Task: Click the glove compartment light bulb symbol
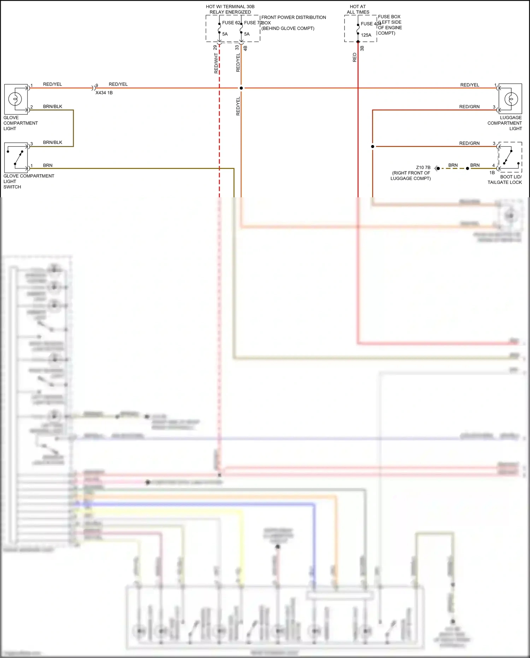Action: coord(15,99)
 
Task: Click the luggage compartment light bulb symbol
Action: coord(511,99)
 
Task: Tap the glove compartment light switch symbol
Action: coord(16,158)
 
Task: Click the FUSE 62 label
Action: coord(231,23)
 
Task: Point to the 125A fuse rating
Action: coord(366,35)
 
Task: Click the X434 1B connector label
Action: coord(104,93)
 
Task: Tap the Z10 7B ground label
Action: coord(423,168)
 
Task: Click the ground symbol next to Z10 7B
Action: coord(437,168)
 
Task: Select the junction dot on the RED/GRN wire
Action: coord(372,146)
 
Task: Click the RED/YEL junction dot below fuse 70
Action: coord(241,88)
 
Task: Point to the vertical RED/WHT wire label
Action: coord(216,63)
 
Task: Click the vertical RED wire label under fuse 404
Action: coord(354,57)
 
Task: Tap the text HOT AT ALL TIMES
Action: coord(358,9)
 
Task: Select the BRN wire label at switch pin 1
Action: coord(48,165)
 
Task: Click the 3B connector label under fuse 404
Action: coord(362,48)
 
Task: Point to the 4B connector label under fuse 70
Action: coord(245,48)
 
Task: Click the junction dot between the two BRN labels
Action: coord(467,168)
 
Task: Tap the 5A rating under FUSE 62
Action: coord(225,34)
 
